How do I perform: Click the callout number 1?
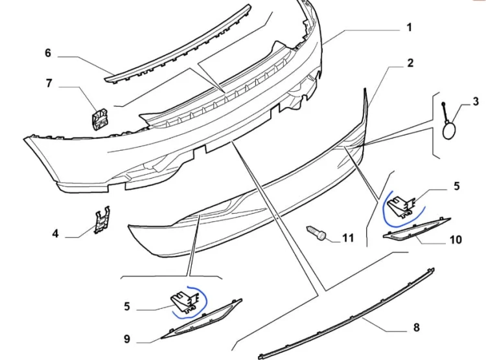[x=409, y=28]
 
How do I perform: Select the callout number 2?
[x=410, y=63]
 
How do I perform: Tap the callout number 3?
[x=476, y=101]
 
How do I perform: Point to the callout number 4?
[x=55, y=233]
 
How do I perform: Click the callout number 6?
[x=48, y=53]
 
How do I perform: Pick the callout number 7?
[x=49, y=84]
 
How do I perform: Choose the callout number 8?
[x=416, y=327]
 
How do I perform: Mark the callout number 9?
[x=127, y=339]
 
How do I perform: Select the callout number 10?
[x=456, y=240]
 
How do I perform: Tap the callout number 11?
[x=348, y=238]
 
